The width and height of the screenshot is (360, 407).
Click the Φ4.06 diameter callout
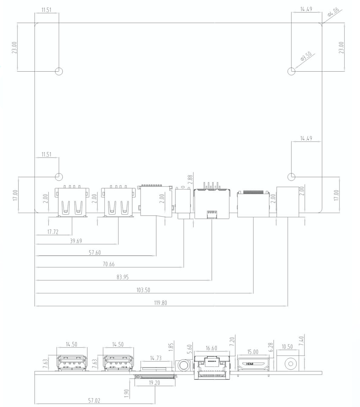click(x=333, y=12)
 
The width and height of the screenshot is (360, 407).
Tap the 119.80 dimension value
click(x=160, y=303)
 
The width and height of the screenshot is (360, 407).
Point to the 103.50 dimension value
click(x=143, y=290)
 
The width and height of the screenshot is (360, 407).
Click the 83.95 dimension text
click(x=123, y=277)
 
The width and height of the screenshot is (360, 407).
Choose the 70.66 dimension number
click(x=109, y=264)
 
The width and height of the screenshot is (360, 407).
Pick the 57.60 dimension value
click(x=95, y=253)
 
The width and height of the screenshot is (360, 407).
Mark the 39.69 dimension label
click(x=76, y=241)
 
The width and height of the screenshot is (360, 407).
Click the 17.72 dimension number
click(x=53, y=232)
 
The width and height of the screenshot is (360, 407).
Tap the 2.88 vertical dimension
click(x=190, y=179)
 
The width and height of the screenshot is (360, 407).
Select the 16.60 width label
click(x=211, y=348)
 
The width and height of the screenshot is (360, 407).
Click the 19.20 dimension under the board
click(x=154, y=383)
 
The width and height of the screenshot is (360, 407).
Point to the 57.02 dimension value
click(x=94, y=400)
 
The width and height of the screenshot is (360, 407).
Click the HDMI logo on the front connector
click(x=249, y=364)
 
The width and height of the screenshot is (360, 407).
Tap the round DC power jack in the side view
click(x=290, y=364)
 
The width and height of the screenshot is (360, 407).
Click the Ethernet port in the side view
click(x=212, y=368)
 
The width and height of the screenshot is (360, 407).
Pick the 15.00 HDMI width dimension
click(x=252, y=352)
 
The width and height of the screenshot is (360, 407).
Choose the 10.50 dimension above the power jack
click(x=287, y=347)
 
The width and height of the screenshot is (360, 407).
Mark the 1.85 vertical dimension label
click(x=171, y=347)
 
